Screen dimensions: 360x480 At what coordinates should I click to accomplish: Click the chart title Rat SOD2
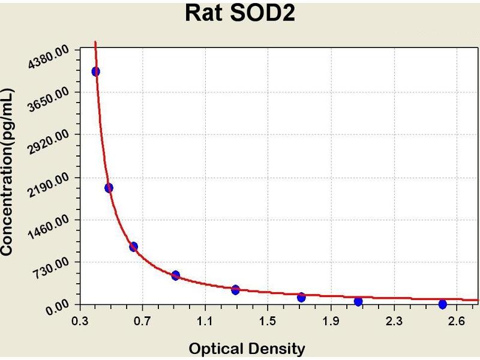[x=239, y=13]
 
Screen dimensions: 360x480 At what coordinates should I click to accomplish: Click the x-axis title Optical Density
[x=247, y=349]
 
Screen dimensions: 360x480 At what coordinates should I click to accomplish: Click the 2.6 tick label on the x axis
[x=457, y=321]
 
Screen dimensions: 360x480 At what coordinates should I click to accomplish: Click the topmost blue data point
[x=95, y=71]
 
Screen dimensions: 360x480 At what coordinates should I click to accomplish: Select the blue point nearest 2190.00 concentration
[x=109, y=188]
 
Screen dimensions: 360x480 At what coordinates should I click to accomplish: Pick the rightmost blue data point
[x=443, y=304]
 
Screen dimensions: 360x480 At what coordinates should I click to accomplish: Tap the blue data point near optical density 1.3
[x=235, y=290]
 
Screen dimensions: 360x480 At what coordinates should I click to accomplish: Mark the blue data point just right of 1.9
[x=358, y=302]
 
